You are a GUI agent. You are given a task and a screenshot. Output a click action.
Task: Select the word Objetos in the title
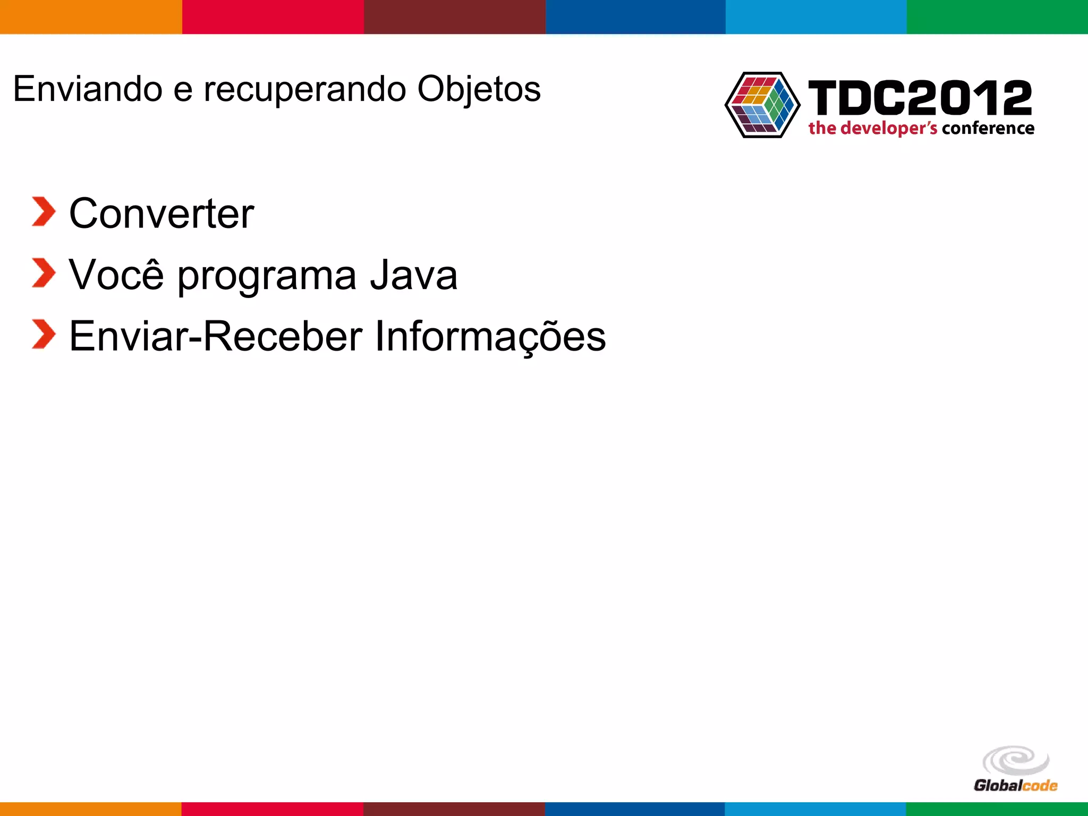pos(479,89)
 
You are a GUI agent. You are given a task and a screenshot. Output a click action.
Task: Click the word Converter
pos(161,214)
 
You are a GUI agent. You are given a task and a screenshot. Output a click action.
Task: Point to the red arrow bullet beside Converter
pos(44,211)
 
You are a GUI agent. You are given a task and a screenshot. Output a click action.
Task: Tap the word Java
pos(413,275)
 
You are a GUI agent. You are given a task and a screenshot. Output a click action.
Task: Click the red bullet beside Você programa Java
pos(44,273)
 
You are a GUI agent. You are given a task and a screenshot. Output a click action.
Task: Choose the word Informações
pos(490,337)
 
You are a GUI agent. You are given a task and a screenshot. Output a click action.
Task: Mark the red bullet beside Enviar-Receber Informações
pos(44,334)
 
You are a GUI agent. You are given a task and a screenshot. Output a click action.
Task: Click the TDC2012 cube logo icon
pos(762,105)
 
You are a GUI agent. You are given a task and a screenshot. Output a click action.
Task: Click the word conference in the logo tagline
pos(988,128)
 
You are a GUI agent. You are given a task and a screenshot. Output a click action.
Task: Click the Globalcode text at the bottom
pos(1015,785)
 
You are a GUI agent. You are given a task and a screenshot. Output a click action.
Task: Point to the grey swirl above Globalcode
pos(1016,760)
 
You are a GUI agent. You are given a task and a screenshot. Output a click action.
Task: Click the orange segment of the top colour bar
pos(91,17)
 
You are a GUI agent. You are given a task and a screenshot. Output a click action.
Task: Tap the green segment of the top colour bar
pos(997,17)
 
